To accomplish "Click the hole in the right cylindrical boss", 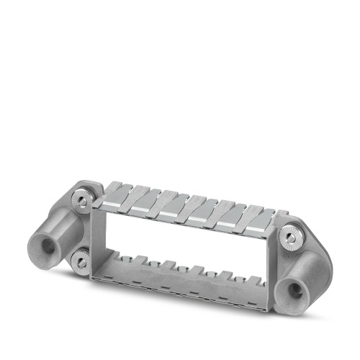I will click(x=296, y=290).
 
